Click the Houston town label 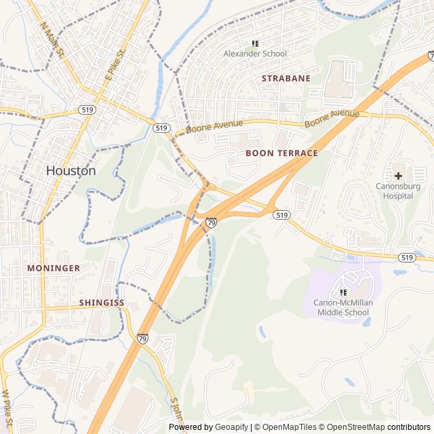(71, 171)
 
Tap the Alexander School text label (255, 54)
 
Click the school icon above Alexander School (255, 43)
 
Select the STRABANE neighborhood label (286, 78)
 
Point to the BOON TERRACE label (281, 153)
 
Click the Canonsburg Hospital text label (397, 191)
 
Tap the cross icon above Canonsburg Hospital (398, 176)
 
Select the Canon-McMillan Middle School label (342, 308)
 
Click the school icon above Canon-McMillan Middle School (342, 292)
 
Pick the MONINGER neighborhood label (54, 268)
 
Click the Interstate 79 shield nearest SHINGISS (142, 338)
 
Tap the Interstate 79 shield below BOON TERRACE (212, 222)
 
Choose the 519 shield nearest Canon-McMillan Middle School (407, 258)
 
